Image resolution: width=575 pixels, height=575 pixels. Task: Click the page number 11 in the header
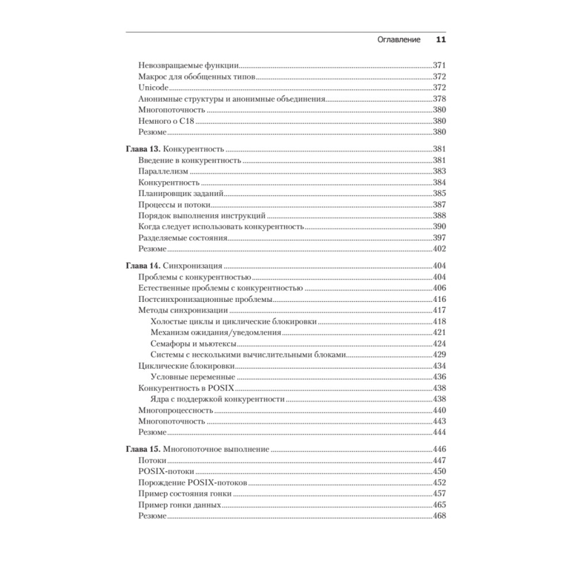point(441,40)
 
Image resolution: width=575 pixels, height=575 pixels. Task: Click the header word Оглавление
point(398,40)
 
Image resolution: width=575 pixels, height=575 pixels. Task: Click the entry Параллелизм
point(164,171)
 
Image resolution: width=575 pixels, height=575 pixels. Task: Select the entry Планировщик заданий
point(181,193)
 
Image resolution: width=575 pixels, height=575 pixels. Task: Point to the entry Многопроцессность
point(176,411)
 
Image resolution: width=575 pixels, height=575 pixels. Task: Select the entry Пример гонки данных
point(180,505)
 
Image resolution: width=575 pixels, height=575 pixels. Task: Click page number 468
point(439,516)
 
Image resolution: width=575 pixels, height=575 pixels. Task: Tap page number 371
point(439,66)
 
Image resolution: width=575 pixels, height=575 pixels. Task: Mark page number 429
point(439,355)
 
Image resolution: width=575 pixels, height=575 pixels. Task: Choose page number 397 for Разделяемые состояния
point(439,237)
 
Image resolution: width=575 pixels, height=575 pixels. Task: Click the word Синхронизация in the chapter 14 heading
point(193,266)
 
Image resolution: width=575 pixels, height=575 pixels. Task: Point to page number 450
point(439,471)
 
